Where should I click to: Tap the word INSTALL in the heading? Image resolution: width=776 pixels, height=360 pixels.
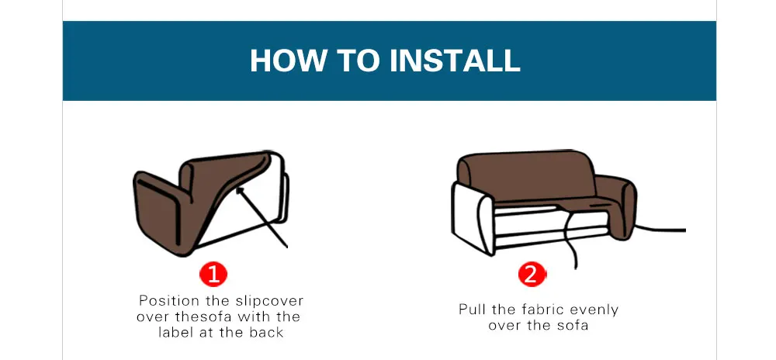pyautogui.click(x=454, y=61)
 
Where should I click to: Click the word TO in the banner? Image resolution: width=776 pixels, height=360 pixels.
pyautogui.click(x=359, y=61)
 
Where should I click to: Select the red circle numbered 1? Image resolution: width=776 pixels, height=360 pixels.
pyautogui.click(x=213, y=275)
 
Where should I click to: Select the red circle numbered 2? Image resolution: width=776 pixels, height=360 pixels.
pyautogui.click(x=531, y=275)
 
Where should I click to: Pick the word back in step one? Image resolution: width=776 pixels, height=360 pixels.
pyautogui.click(x=266, y=332)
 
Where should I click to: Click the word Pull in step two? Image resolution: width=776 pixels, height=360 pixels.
pyautogui.click(x=473, y=310)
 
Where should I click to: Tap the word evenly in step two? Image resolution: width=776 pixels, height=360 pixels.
pyautogui.click(x=594, y=310)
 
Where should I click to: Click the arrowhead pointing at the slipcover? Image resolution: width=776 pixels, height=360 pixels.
pyautogui.click(x=240, y=190)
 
